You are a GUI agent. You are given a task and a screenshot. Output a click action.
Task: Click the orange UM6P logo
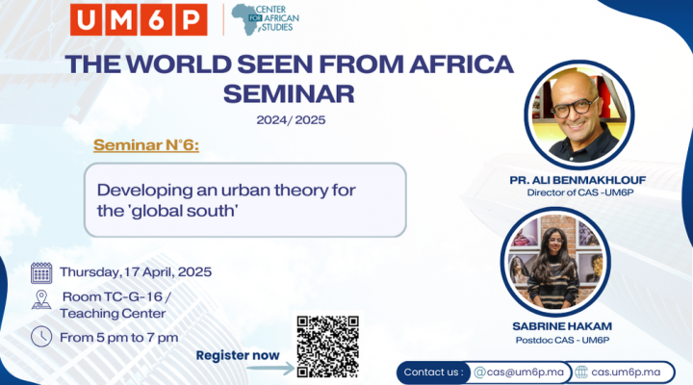(x=139, y=19)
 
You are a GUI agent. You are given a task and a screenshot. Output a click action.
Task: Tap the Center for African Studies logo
(x=266, y=19)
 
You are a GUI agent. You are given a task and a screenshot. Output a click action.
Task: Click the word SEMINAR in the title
(x=289, y=93)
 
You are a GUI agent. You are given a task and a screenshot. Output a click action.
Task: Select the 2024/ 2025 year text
(x=291, y=120)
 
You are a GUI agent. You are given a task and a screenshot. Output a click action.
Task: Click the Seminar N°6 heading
(x=146, y=145)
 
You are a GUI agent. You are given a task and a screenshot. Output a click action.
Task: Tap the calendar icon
(x=41, y=272)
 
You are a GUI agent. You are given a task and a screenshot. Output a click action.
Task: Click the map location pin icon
(x=41, y=299)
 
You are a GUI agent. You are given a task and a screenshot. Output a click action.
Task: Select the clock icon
(x=41, y=336)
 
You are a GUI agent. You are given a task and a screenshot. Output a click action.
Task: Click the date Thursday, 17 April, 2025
(x=136, y=271)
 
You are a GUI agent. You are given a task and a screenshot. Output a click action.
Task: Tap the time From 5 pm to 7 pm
(x=119, y=338)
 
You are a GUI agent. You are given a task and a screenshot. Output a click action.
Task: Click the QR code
(x=327, y=346)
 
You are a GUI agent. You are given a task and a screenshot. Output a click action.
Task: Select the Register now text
(x=238, y=355)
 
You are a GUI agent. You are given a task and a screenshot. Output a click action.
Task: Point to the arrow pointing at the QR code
(x=270, y=369)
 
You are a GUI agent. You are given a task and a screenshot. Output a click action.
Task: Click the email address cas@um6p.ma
(x=519, y=372)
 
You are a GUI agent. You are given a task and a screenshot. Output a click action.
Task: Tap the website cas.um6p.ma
(x=626, y=372)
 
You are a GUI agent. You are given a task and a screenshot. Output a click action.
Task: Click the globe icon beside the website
(x=581, y=372)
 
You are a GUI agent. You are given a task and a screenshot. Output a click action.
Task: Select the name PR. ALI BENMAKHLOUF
(x=577, y=180)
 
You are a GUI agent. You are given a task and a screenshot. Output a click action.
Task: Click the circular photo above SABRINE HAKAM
(x=555, y=262)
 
